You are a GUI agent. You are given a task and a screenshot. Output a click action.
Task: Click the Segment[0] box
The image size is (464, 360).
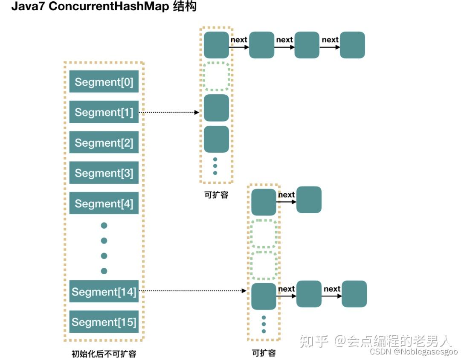point(104,82)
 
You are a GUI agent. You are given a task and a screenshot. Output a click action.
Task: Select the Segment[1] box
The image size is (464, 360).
point(104,112)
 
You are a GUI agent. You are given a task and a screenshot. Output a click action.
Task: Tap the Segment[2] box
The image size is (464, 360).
point(104,143)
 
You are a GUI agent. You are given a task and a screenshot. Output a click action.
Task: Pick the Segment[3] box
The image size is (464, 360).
point(104,173)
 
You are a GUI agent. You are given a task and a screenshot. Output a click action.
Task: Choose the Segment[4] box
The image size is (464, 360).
point(104,203)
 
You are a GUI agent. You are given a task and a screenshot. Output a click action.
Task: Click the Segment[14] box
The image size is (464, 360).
point(104,292)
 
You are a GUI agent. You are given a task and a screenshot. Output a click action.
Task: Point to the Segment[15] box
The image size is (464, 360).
point(104,322)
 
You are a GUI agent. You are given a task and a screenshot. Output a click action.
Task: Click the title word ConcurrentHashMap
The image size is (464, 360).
point(109,7)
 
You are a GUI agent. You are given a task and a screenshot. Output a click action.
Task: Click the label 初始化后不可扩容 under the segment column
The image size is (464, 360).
point(104,354)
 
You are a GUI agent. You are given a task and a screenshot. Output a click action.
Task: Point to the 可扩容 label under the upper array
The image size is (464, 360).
point(216,195)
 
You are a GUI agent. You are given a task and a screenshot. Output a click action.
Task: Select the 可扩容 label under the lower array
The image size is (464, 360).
point(264,353)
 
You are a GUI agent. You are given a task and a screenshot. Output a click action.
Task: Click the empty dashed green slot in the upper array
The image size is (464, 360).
point(216,76)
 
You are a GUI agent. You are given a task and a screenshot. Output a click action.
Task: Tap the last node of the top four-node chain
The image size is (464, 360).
point(352,45)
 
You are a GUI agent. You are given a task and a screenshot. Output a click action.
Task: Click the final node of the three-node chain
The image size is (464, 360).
point(354,294)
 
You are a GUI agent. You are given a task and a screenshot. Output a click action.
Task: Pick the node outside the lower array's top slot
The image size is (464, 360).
point(309,200)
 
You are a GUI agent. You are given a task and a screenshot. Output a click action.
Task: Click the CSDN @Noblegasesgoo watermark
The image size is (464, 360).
point(413,351)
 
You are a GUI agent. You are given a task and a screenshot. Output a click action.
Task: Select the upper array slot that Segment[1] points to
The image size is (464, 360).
point(216,108)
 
